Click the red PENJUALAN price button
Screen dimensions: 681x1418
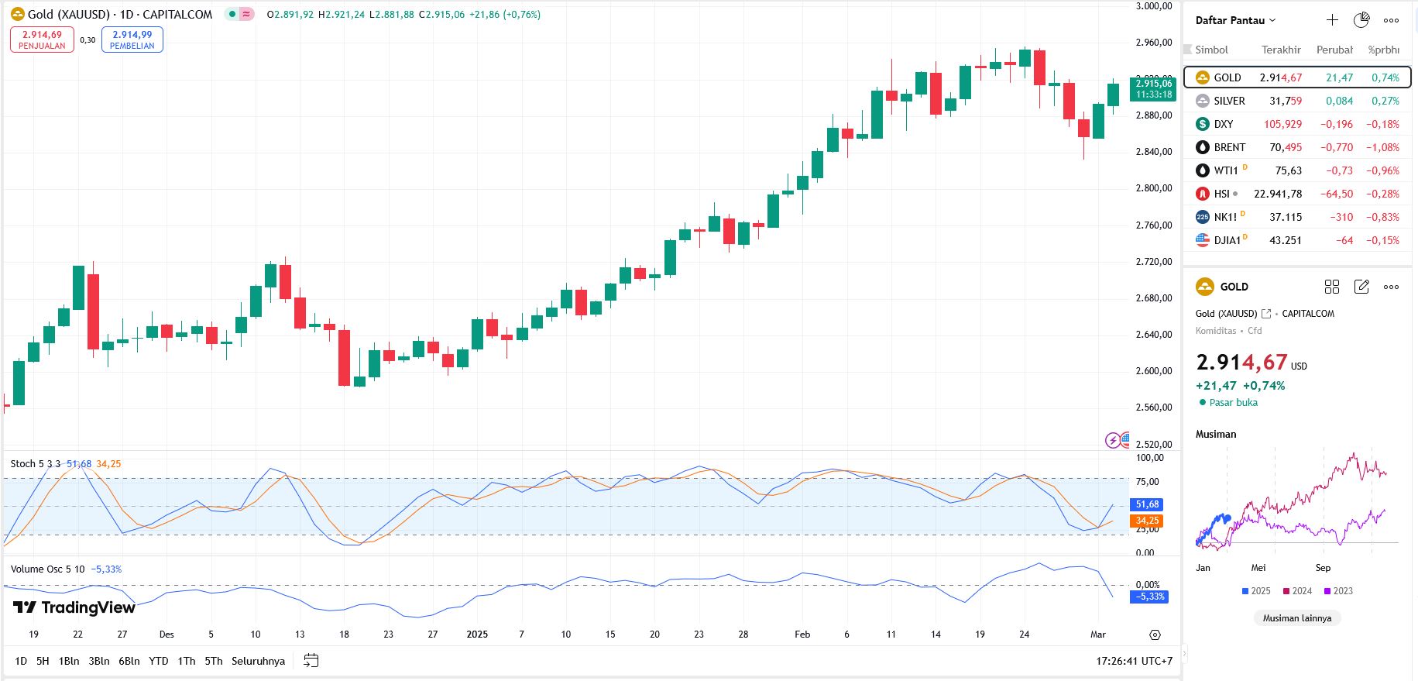[42, 40]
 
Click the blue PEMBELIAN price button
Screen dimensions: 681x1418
[132, 40]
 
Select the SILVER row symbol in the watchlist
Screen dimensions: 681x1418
[1229, 101]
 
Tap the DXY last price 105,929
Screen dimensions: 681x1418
[1282, 124]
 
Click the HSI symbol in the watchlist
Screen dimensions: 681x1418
[1221, 194]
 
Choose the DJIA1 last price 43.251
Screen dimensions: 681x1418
[1285, 240]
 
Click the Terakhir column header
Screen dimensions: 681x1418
[1281, 50]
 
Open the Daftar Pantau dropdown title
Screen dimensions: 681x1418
[1234, 20]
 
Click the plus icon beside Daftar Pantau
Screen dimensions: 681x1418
[1332, 20]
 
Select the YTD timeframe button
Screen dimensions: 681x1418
[158, 661]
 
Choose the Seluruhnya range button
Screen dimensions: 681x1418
[258, 661]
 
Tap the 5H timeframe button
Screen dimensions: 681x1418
[43, 661]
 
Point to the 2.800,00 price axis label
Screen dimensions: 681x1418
[1153, 188]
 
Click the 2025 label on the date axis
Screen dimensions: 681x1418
[477, 635]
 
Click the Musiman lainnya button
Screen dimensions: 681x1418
[1296, 618]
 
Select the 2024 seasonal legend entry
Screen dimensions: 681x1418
[1297, 591]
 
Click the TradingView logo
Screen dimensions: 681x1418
[74, 607]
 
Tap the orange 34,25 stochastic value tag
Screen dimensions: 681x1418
[1147, 521]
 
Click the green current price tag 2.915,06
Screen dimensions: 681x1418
[1153, 88]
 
